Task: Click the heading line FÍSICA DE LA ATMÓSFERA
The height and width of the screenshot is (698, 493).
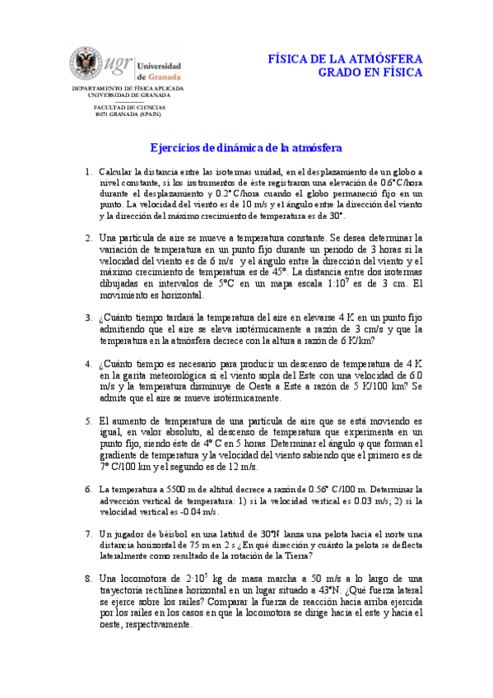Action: pyautogui.click(x=346, y=59)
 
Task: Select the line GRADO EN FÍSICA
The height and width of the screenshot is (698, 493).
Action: pyautogui.click(x=370, y=73)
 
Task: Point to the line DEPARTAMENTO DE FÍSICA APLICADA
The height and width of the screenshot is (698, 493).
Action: pyautogui.click(x=128, y=87)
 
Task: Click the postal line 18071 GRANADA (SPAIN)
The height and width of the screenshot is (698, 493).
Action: pyautogui.click(x=128, y=114)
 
